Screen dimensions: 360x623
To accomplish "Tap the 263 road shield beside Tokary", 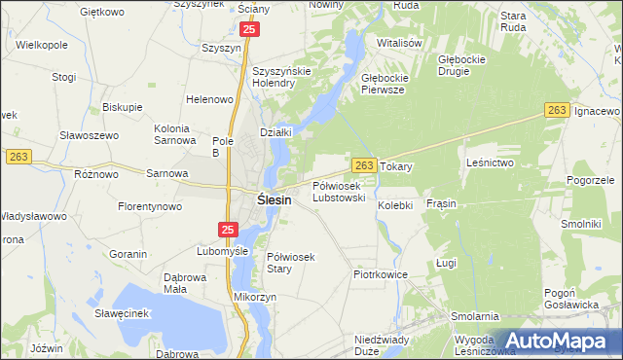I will (x=363, y=166).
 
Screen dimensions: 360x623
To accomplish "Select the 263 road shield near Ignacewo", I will (x=557, y=112).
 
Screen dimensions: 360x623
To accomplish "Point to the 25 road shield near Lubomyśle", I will (x=227, y=230).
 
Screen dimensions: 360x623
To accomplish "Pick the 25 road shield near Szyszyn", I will (x=250, y=31).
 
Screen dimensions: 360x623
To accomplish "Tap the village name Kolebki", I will (x=396, y=205).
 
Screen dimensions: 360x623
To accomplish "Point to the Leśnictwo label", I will (x=490, y=162).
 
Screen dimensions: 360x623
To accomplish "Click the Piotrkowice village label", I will (x=380, y=275).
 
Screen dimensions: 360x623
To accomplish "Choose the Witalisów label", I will (x=399, y=44).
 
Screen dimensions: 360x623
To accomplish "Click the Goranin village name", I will (x=128, y=254).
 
